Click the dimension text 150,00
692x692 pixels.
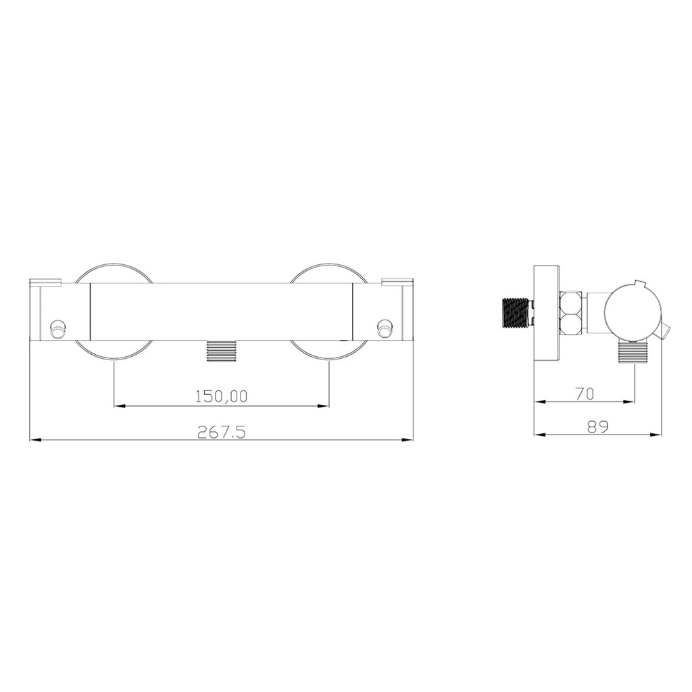[x=222, y=396]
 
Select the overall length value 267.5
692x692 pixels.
[x=221, y=431]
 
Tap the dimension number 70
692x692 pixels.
[x=585, y=394]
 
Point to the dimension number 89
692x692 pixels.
[x=598, y=426]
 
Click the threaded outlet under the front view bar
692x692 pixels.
[x=222, y=351]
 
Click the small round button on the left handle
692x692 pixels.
[x=57, y=329]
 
